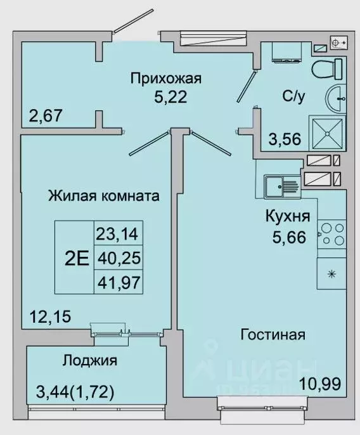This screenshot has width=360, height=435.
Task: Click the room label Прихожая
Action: point(165,79)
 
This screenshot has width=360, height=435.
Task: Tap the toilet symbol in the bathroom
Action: point(327,67)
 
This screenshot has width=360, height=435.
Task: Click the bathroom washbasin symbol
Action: point(336,99)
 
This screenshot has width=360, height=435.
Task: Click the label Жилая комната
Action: point(103,195)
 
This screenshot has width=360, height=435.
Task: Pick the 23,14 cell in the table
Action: point(119,235)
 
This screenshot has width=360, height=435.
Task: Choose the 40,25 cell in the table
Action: point(119,257)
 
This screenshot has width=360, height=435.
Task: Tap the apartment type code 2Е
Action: point(76,257)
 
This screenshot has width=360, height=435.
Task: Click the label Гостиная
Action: point(273,334)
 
